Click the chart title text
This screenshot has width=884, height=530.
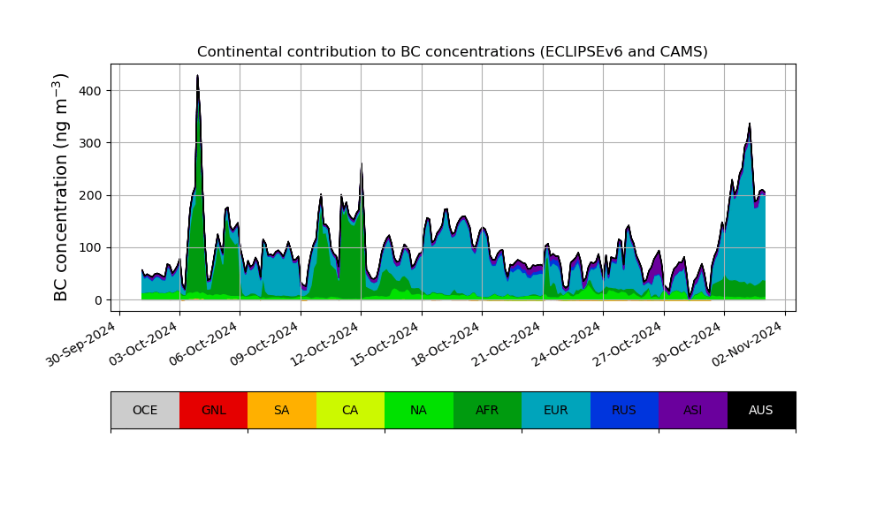tap(452, 52)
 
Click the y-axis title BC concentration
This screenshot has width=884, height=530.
tap(61, 187)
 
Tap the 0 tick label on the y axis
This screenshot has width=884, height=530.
tap(97, 300)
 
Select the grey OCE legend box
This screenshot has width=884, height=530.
tap(145, 410)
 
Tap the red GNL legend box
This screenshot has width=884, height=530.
tap(213, 410)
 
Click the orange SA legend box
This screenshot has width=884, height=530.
tap(281, 410)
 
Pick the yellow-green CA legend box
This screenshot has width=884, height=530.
tap(350, 410)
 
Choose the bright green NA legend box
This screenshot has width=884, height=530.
tap(418, 410)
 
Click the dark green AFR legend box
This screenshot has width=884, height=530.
tap(487, 410)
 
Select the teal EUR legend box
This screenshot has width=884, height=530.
tap(555, 410)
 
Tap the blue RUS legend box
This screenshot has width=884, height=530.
tap(624, 410)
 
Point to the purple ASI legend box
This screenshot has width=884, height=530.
tap(692, 410)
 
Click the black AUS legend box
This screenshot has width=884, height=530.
tap(761, 410)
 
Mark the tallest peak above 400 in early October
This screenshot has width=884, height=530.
tap(197, 77)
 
